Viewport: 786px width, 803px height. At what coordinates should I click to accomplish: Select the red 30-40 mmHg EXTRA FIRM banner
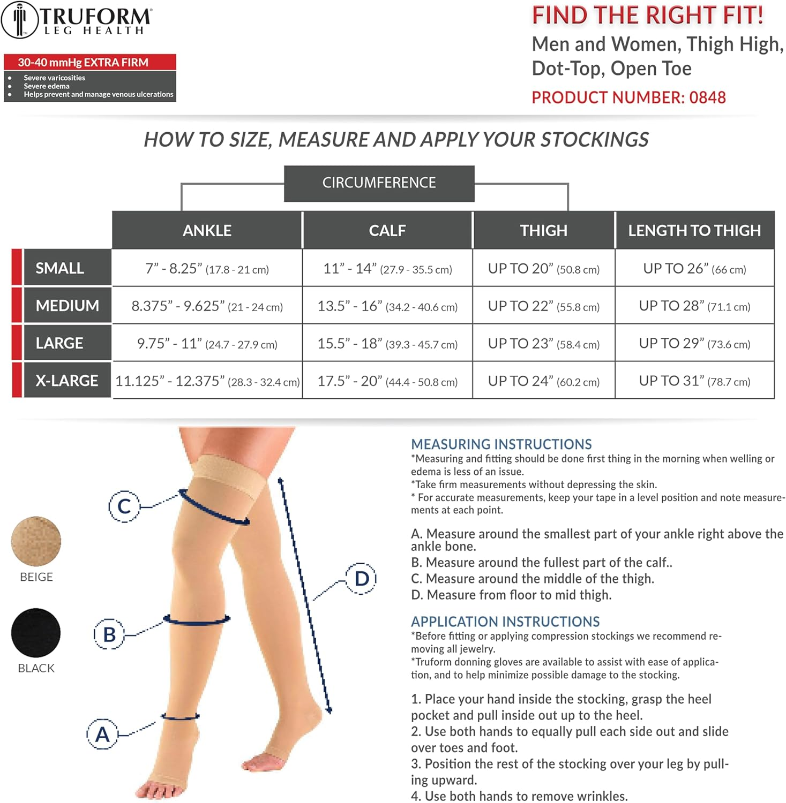point(89,62)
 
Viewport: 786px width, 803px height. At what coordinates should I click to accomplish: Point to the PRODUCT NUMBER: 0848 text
point(628,97)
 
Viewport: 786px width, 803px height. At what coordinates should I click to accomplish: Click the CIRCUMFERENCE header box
point(379,183)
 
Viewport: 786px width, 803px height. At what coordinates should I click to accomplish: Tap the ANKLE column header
point(207,230)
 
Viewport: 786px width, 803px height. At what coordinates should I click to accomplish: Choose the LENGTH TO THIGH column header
point(694,230)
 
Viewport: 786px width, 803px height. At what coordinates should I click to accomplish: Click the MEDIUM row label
point(67,306)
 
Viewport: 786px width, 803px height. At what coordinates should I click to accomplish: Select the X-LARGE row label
point(67,381)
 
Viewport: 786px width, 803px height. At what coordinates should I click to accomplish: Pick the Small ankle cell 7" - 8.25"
point(207,269)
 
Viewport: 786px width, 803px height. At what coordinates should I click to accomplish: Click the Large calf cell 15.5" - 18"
point(387,344)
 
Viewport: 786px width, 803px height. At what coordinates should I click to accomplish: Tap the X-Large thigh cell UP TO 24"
point(543,381)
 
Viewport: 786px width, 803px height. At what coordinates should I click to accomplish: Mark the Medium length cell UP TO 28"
point(694,306)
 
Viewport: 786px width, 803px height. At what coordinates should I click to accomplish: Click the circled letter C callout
point(124,506)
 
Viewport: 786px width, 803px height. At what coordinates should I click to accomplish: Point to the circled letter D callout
point(362,578)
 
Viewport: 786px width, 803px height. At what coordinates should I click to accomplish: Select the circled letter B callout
point(109,634)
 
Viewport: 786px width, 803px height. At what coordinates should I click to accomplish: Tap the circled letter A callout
point(102,734)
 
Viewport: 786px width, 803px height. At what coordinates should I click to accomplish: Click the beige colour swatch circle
point(36,541)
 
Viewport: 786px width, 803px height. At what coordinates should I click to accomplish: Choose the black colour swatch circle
point(36,633)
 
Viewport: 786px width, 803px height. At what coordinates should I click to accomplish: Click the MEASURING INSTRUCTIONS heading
point(501,444)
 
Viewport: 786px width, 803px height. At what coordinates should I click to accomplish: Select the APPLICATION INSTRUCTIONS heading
point(505,622)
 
